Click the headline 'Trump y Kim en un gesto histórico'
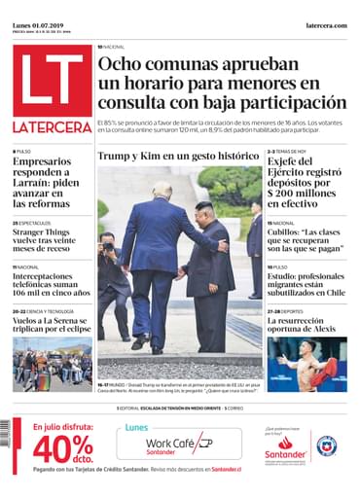[x=178, y=157]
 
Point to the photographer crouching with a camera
[x=109, y=263]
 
